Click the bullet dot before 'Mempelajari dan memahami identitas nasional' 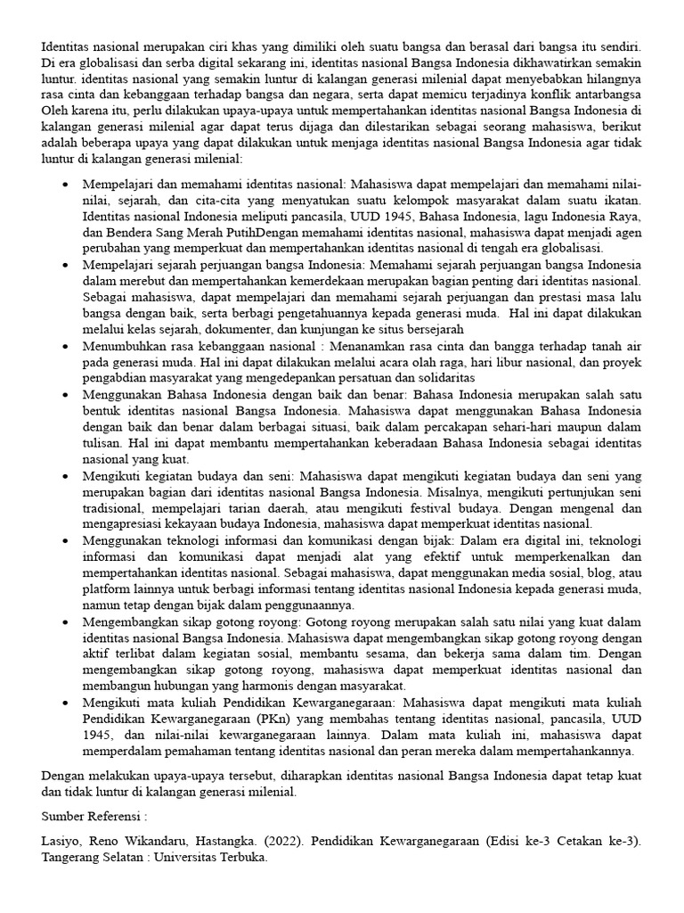(x=66, y=184)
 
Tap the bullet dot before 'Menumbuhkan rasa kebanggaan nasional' (x=66, y=345)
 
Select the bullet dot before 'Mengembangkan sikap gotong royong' (x=66, y=621)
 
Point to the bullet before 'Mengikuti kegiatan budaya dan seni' (x=66, y=475)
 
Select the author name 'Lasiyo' (x=61, y=840)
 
